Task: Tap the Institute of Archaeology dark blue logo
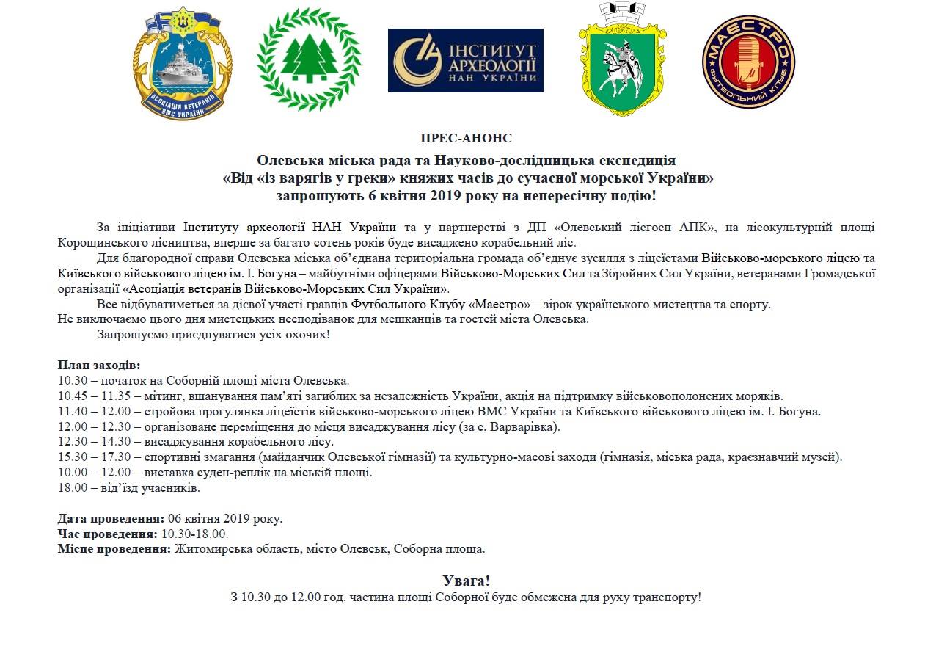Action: coord(465,60)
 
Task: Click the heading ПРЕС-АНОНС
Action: coord(466,138)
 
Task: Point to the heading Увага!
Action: coord(466,581)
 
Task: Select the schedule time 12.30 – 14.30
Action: coord(94,442)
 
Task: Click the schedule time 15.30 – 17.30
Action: coord(94,457)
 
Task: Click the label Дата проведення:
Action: coord(111,518)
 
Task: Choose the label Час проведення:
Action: coord(107,534)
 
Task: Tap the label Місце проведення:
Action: coord(114,549)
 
